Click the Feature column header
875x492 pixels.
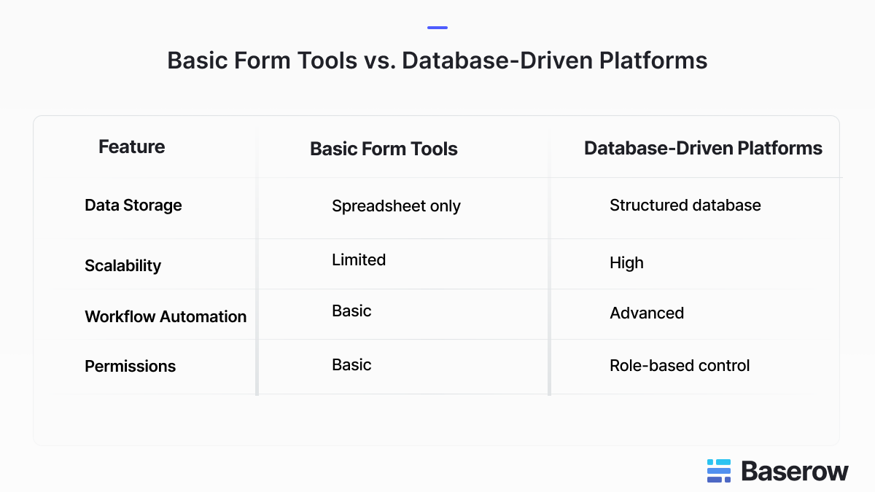(131, 147)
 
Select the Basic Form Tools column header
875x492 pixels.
(384, 149)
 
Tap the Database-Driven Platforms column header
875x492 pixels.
(703, 148)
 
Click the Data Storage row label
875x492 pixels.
(133, 205)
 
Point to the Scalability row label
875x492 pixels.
(122, 265)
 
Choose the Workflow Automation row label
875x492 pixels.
(166, 316)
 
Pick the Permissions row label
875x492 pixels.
(130, 366)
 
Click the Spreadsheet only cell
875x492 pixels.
(396, 206)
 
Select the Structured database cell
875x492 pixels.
(685, 205)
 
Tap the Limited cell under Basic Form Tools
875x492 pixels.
(358, 259)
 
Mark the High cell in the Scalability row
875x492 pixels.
(626, 262)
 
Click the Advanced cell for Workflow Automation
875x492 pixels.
(646, 313)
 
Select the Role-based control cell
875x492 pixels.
(679, 365)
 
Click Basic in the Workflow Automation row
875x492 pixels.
(351, 311)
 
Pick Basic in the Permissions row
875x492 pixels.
(351, 364)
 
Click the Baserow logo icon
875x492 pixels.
(718, 471)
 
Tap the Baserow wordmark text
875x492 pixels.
(795, 471)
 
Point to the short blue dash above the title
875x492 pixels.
(437, 28)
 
